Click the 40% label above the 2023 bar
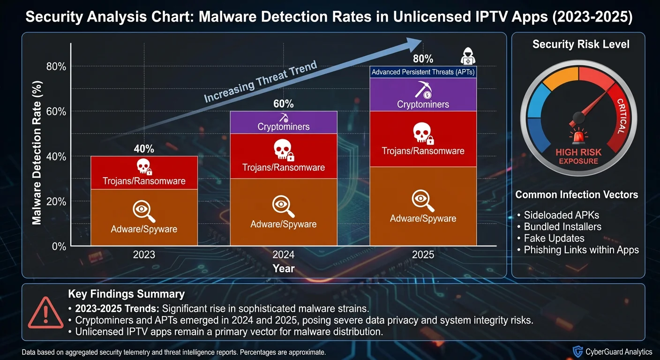[x=144, y=149]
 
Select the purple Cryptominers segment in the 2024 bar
[x=283, y=123]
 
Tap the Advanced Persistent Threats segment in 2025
[x=423, y=72]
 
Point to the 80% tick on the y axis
[x=56, y=67]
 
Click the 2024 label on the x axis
[x=283, y=255]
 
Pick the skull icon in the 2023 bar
[x=143, y=166]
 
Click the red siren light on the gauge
[x=577, y=137]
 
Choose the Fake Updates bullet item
[x=550, y=238]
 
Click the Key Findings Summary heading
[x=126, y=294]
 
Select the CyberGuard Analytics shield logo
[x=578, y=352]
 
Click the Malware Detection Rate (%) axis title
[x=38, y=152]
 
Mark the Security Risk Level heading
[x=581, y=45]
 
